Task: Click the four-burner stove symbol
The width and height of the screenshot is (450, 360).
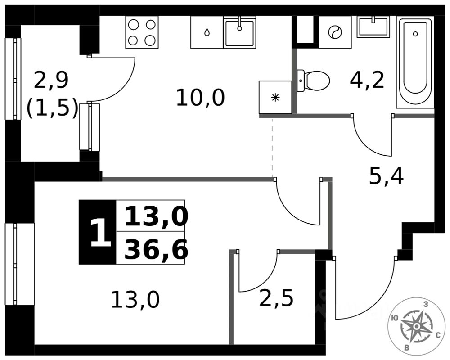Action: tap(142, 32)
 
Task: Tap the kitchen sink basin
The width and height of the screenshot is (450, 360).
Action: tap(240, 32)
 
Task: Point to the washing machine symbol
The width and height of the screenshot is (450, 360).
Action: tap(335, 32)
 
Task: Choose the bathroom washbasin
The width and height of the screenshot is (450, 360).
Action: tap(373, 27)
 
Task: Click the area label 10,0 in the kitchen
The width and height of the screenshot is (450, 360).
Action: tap(200, 98)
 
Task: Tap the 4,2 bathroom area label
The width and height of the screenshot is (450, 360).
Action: tap(367, 80)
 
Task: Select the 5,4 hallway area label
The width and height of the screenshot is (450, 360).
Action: tap(386, 177)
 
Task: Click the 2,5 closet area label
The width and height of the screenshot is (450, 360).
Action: tap(276, 298)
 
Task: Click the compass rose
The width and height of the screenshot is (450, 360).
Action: tap(416, 325)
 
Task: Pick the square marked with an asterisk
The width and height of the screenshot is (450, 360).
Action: tap(275, 97)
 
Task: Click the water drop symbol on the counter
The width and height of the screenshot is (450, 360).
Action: tap(207, 32)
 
